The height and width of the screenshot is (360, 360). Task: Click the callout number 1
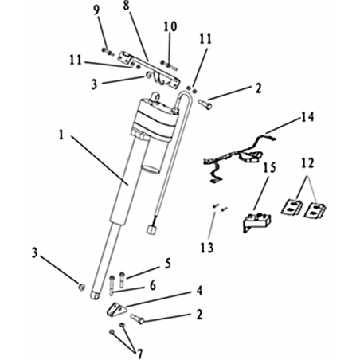61,135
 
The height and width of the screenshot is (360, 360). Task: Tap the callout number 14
307,117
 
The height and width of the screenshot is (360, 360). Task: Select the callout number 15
269,168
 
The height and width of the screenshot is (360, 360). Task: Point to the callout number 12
307,162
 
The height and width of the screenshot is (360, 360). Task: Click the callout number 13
207,248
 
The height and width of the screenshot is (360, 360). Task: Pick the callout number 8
126,6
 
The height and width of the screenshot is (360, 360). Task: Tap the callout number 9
96,10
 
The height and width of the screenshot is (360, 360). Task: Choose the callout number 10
170,26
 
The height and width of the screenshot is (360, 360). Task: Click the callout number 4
199,291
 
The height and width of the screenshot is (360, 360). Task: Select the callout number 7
139,354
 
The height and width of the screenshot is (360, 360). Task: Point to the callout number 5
167,264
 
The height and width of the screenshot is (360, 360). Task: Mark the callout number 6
152,285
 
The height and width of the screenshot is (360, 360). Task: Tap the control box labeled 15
256,221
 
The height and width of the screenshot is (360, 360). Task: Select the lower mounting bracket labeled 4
116,309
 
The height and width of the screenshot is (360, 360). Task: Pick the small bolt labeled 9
108,52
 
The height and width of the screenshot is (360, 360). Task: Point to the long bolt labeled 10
169,65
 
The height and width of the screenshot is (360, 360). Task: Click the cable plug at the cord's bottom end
151,229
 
